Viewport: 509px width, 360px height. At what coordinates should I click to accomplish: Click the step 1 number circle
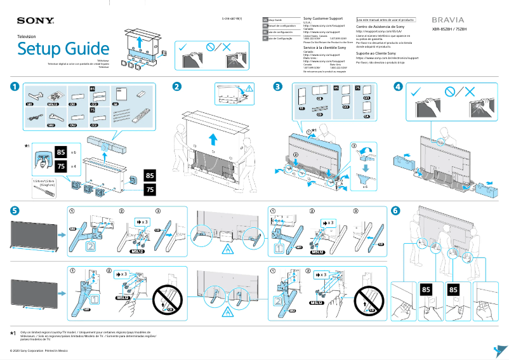[14, 86]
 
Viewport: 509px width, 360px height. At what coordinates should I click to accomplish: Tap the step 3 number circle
[277, 86]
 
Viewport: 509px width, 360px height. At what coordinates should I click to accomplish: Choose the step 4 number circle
[398, 86]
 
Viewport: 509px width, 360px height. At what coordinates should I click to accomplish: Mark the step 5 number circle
[14, 210]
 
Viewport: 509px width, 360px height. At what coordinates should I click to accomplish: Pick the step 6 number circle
[396, 210]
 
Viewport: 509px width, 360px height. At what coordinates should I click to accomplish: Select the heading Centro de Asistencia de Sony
[380, 27]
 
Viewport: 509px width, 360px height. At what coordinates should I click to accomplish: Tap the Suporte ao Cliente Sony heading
[376, 53]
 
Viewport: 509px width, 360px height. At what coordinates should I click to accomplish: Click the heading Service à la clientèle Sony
[324, 48]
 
